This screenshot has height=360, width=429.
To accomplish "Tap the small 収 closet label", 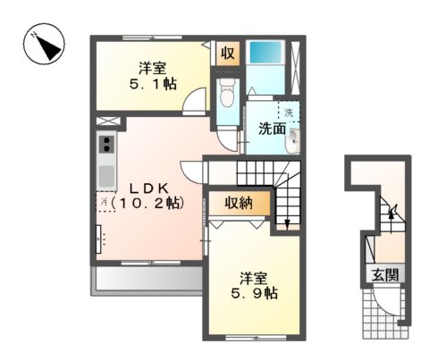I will [228, 53].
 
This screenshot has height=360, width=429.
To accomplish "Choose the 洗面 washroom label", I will [272, 129].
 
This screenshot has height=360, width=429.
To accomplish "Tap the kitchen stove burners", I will [106, 145].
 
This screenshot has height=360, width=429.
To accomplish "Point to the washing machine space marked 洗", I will [289, 112].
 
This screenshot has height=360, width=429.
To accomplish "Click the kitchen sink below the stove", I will [106, 172].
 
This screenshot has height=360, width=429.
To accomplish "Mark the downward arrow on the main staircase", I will [286, 220].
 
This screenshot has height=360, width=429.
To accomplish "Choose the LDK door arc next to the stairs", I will [193, 171].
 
